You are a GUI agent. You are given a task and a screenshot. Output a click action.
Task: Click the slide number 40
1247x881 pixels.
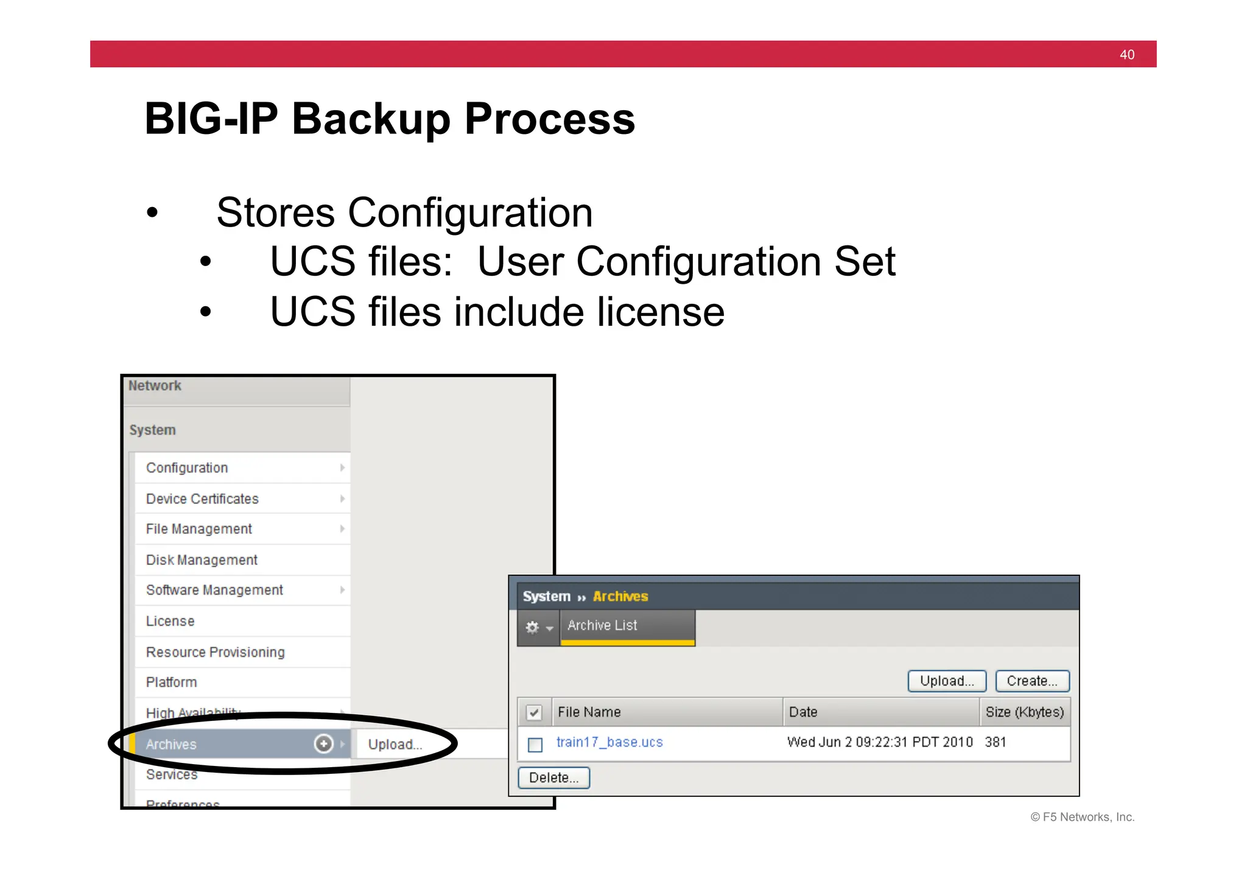(x=1126, y=55)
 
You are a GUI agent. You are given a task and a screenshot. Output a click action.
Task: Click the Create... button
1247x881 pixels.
(x=1032, y=681)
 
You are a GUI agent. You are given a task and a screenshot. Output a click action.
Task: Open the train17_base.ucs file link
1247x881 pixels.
(x=609, y=742)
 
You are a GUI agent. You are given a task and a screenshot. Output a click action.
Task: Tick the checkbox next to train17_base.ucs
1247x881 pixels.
(x=535, y=744)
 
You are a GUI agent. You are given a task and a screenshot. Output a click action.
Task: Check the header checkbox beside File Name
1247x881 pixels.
(x=534, y=712)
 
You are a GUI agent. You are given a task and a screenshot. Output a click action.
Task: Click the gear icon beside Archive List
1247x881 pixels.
(x=533, y=627)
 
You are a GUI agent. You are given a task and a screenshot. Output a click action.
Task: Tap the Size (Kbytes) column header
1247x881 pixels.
(x=1024, y=712)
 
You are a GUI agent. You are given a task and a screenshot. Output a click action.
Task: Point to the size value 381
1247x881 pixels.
(x=996, y=742)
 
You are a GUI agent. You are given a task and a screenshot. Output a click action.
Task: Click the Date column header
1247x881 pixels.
(x=803, y=712)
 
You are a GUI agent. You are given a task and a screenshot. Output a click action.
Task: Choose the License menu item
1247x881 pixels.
(x=170, y=621)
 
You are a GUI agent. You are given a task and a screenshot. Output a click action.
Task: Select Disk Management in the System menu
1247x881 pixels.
(x=202, y=560)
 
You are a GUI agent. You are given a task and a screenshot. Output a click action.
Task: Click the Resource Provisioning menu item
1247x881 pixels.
(x=215, y=652)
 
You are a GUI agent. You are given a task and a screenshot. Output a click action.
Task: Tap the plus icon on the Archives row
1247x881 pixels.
(x=323, y=743)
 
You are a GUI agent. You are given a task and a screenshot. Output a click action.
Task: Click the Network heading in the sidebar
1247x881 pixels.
(x=155, y=386)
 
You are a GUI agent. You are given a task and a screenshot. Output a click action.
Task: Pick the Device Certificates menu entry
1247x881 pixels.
(x=202, y=499)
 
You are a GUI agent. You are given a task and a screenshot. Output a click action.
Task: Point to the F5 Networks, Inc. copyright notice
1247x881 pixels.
(x=1082, y=817)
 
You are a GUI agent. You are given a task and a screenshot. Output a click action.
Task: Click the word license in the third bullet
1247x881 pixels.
(x=660, y=312)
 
